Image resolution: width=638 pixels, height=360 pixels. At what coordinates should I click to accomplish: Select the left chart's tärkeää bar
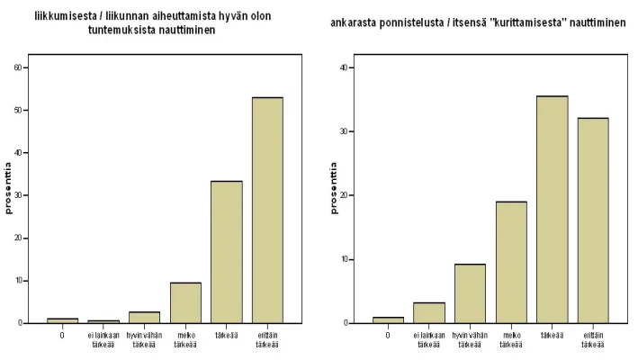[226, 252]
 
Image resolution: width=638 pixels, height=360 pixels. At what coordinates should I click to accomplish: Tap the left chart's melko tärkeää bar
[184, 302]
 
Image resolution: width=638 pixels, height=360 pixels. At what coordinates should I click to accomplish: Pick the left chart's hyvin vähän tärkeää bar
[144, 317]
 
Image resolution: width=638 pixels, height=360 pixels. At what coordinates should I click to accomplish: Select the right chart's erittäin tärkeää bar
[593, 220]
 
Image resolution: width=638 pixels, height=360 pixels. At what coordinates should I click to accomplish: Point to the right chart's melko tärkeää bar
[510, 262]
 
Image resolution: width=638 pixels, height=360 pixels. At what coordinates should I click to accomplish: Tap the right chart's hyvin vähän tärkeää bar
[469, 293]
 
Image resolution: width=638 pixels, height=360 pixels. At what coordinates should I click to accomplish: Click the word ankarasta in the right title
[352, 21]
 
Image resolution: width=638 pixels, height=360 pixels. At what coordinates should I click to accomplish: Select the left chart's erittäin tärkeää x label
[268, 338]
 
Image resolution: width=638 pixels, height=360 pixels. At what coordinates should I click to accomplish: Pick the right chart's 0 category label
[387, 335]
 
